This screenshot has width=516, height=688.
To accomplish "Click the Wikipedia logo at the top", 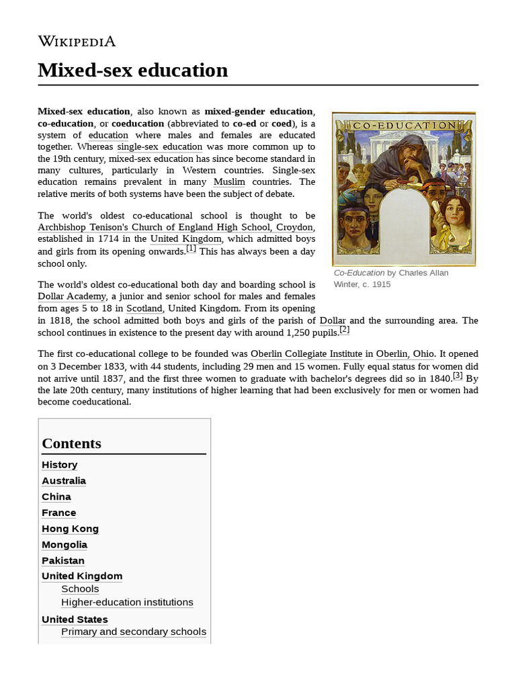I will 77,41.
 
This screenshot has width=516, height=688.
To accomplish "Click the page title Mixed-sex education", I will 133,70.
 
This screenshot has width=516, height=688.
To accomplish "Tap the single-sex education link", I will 159,146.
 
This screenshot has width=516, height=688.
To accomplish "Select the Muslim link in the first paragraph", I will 229,182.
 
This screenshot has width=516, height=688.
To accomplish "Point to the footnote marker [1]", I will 191,249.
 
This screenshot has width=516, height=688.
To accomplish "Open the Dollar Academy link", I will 72,296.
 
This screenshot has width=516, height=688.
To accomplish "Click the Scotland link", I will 144,308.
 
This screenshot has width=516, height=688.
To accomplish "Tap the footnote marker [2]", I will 344,330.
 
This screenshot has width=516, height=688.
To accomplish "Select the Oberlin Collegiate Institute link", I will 306,353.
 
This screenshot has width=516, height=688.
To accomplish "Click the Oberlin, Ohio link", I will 405,353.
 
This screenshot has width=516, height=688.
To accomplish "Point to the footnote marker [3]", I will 457,376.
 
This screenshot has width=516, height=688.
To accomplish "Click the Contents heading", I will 72,443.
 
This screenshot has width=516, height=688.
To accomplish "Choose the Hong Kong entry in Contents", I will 70,529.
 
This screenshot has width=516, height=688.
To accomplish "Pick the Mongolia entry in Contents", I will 64,545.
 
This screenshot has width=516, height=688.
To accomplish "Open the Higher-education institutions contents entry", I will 127,602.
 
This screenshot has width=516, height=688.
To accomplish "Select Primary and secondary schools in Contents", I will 133,632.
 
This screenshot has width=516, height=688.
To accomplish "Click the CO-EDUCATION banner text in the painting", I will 404,125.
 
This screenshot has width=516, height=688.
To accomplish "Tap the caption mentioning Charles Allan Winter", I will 391,278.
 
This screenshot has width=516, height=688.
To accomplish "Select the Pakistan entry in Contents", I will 63,560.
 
